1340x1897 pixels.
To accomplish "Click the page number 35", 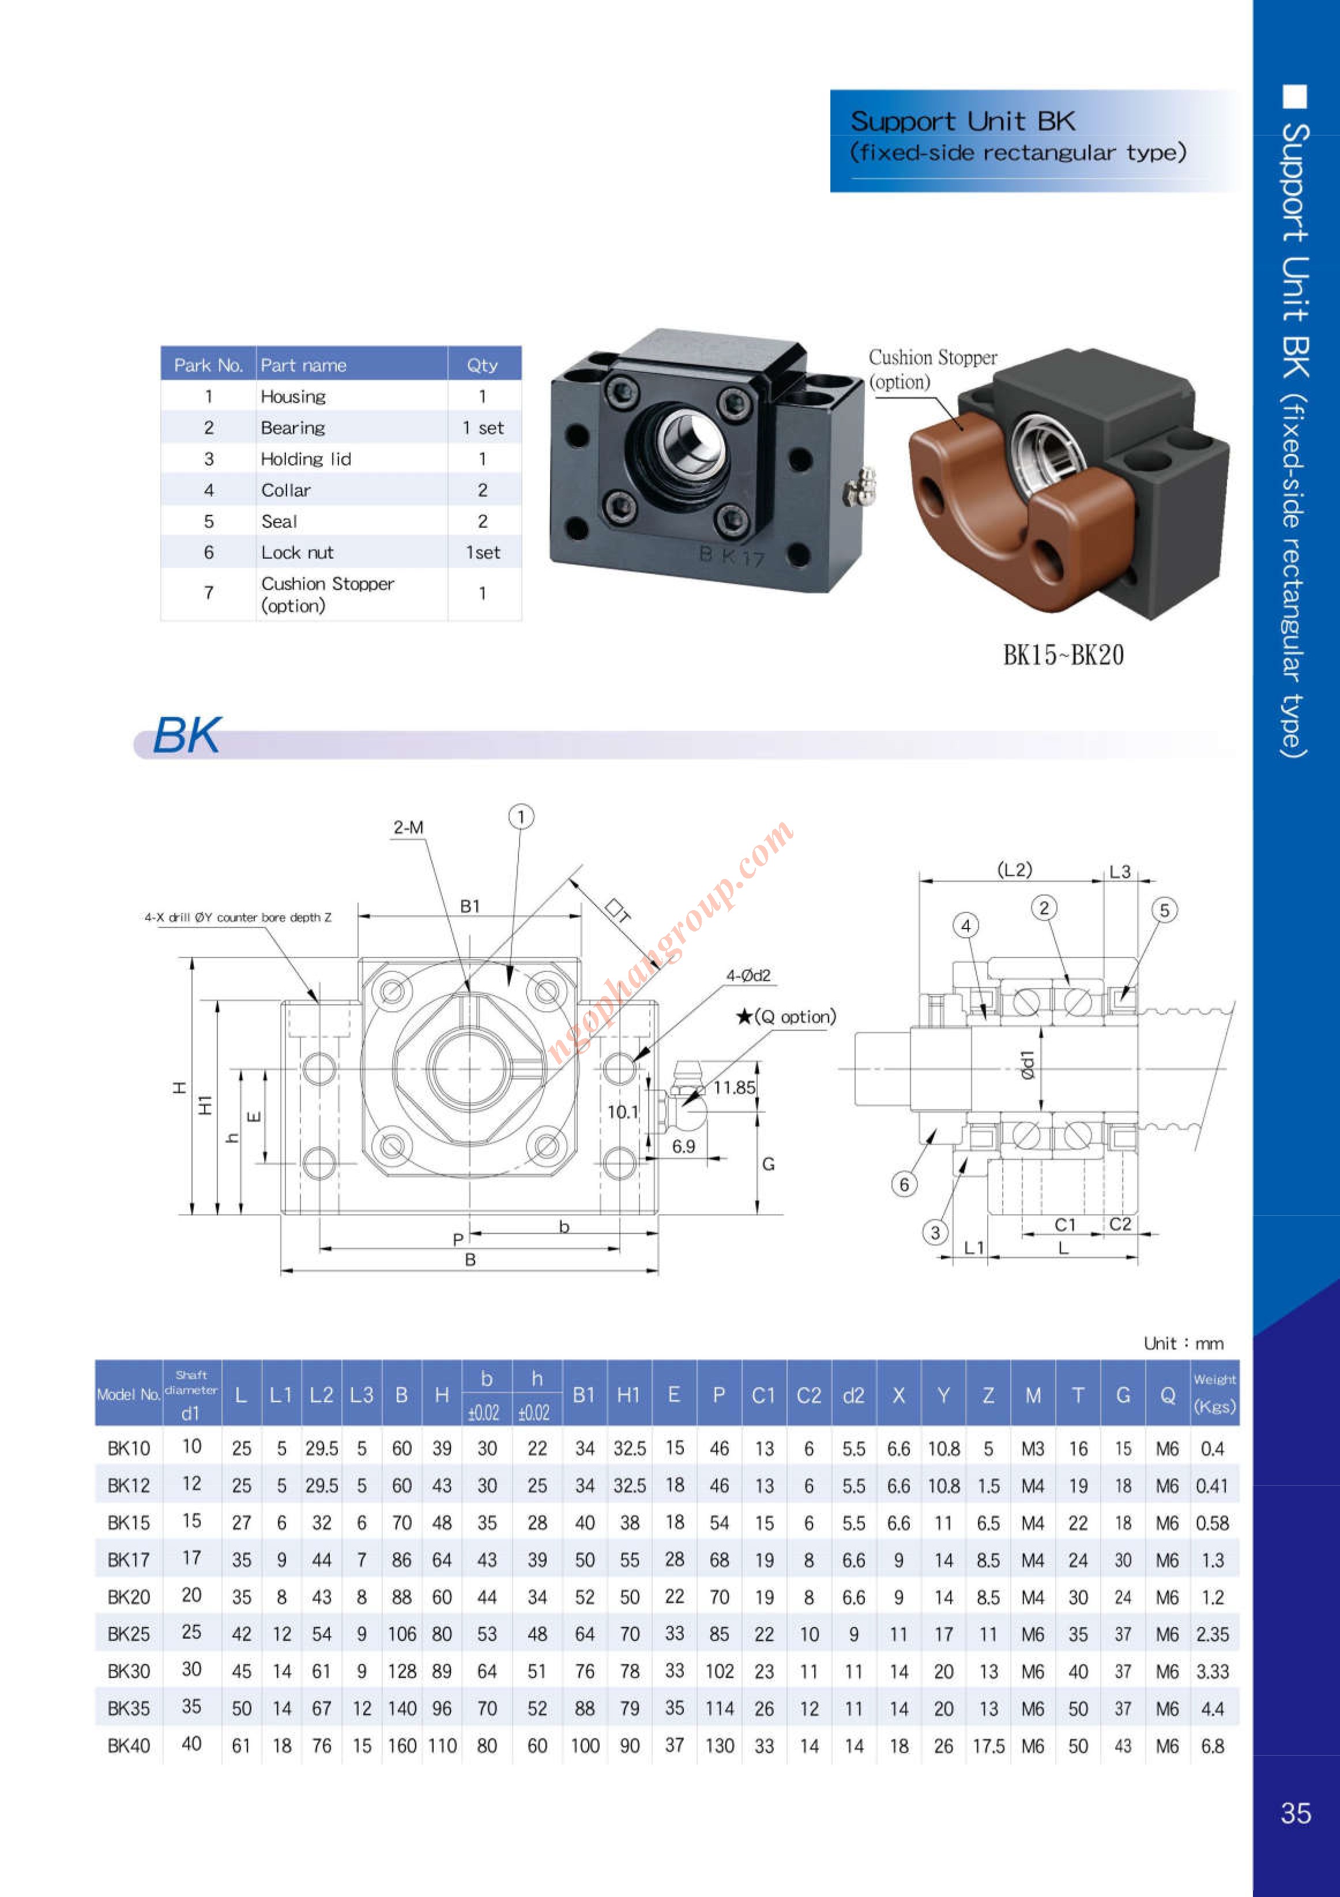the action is coord(1296,1813).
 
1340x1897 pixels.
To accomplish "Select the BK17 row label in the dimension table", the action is coord(129,1560).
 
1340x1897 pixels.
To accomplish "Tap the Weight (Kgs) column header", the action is coord(1214,1393).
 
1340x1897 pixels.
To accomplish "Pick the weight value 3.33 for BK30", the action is coord(1212,1671).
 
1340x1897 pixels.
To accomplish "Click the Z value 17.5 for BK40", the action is coord(988,1746).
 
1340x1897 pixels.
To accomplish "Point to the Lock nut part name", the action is coord(298,553).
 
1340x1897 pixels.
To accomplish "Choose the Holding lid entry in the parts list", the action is coord(306,459).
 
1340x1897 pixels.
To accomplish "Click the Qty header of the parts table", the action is coord(483,365).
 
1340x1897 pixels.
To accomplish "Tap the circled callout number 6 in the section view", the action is coord(904,1184).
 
